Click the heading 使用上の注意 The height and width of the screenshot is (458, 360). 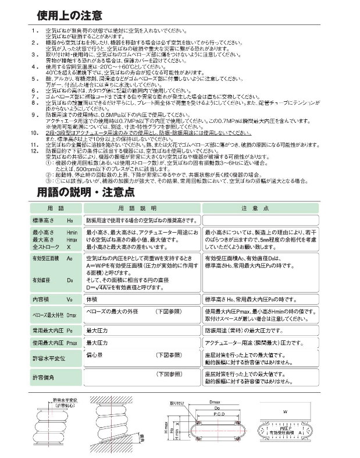tap(69, 15)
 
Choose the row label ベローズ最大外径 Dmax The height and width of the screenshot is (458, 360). tap(55, 315)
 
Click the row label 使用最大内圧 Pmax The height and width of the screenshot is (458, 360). tap(55, 343)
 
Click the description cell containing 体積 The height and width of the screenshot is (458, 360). tap(92, 299)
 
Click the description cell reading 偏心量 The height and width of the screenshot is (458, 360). tap(95, 354)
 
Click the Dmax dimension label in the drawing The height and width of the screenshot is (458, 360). tap(211, 401)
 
